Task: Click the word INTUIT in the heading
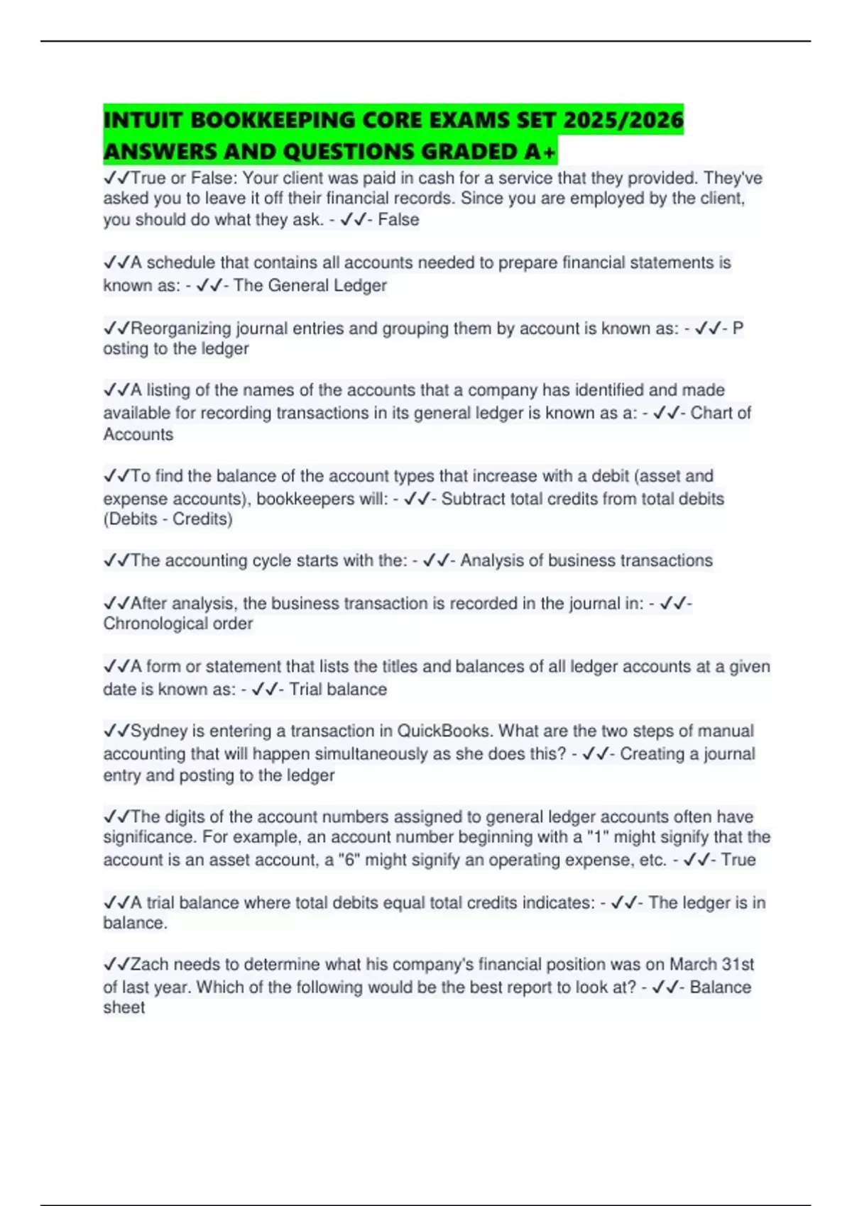(x=142, y=119)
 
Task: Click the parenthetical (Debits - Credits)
(x=168, y=519)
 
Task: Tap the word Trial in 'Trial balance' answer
(x=306, y=689)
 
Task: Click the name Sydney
(x=158, y=731)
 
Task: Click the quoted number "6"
(x=349, y=860)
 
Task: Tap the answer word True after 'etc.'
(x=738, y=860)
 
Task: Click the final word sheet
(x=124, y=1007)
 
